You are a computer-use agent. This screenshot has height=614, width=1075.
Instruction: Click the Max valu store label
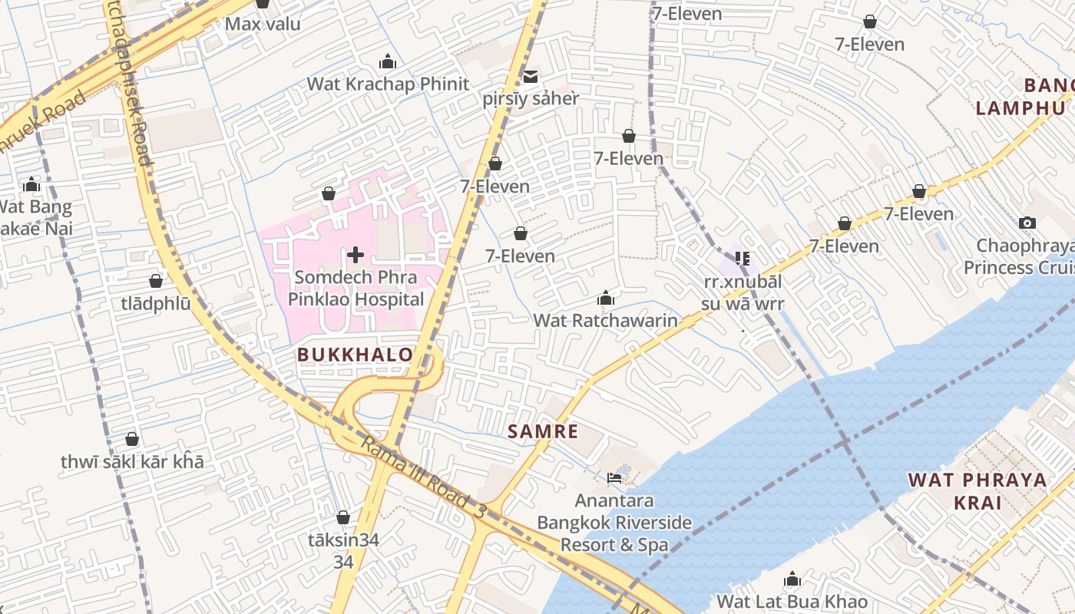[263, 24]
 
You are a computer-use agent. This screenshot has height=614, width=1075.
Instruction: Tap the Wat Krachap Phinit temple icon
[388, 61]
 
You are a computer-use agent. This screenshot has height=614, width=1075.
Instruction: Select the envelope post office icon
[531, 77]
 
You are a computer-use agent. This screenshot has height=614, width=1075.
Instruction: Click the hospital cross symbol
[356, 254]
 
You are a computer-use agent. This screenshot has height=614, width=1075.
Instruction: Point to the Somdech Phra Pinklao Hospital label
[356, 289]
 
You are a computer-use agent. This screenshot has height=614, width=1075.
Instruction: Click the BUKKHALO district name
[355, 355]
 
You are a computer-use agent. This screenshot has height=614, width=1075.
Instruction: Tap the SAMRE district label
[543, 431]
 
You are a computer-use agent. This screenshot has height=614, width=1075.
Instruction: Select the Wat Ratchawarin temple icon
[606, 298]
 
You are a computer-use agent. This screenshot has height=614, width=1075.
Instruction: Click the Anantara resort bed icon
[614, 477]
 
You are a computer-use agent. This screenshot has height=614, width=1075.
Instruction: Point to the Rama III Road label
[422, 477]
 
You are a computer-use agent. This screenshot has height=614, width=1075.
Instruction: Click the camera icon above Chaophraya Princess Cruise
[1027, 223]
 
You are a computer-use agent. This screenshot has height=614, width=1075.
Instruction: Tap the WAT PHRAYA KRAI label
[977, 491]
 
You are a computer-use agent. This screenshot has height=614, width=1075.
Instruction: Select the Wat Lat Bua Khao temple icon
[792, 579]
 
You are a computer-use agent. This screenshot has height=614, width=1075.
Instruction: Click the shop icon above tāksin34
[343, 517]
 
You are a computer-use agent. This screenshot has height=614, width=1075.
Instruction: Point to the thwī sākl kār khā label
[132, 462]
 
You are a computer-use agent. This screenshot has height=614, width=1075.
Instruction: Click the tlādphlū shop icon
[156, 281]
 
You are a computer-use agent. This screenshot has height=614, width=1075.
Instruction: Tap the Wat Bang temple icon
[31, 184]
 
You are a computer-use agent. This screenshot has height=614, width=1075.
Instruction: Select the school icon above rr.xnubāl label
[742, 259]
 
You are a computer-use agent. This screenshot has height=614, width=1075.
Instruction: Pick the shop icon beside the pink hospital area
[329, 193]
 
